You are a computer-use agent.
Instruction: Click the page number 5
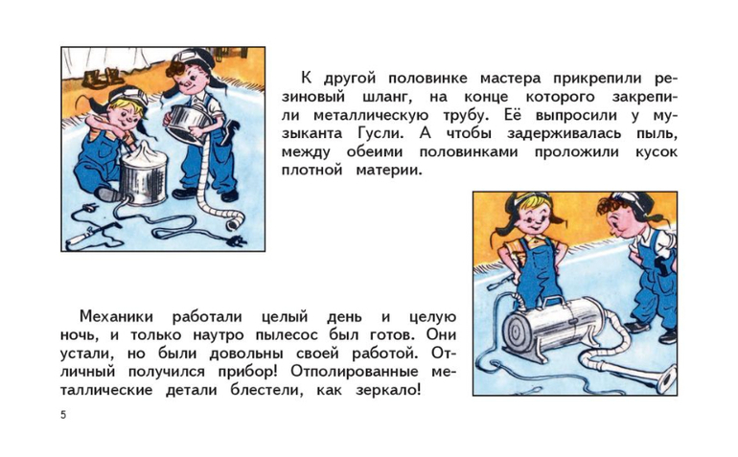click(63, 415)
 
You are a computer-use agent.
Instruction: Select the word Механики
click(116, 316)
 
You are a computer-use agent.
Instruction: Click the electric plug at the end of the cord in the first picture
click(236, 242)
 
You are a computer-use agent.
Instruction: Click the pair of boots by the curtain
click(101, 79)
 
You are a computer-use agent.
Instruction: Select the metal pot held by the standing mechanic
click(189, 124)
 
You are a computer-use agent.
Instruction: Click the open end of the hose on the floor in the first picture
click(234, 223)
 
